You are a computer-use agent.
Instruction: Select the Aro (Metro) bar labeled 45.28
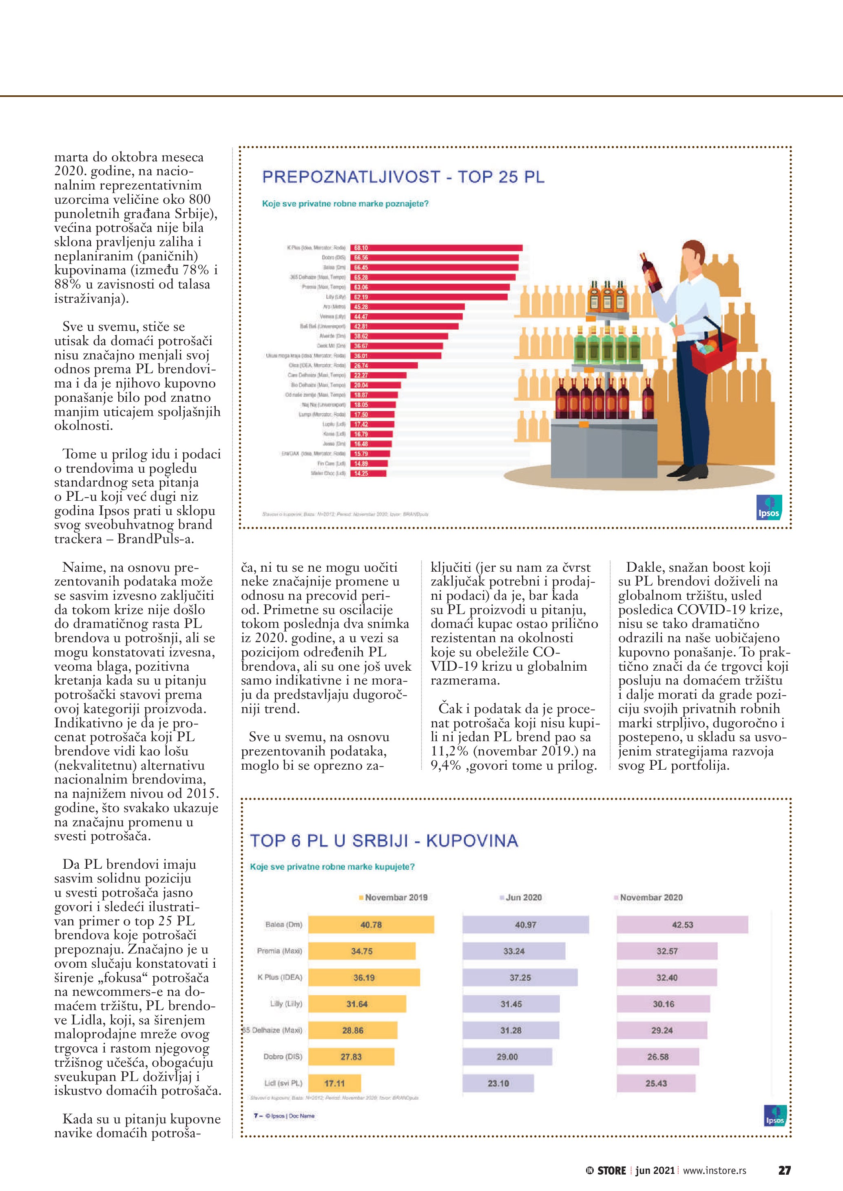point(407,306)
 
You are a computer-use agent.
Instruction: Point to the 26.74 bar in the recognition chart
point(384,365)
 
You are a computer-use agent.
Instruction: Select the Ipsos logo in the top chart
point(769,507)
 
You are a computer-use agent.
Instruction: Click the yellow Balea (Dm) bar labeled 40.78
point(371,925)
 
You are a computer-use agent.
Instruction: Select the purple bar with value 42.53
point(682,925)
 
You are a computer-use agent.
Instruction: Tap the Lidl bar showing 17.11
point(334,1083)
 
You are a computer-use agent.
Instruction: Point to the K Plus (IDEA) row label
point(280,977)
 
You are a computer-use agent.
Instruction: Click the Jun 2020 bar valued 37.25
point(520,977)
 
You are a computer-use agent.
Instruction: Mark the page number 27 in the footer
point(784,1170)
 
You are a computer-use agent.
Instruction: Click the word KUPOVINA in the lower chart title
point(472,841)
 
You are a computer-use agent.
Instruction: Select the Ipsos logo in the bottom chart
point(775,1115)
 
